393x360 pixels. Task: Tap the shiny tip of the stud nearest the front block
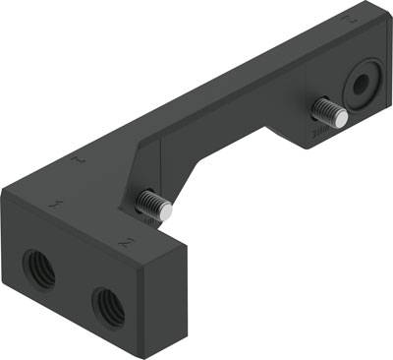[168, 209]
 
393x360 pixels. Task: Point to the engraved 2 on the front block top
[124, 240]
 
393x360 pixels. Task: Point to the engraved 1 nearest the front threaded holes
[58, 205]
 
